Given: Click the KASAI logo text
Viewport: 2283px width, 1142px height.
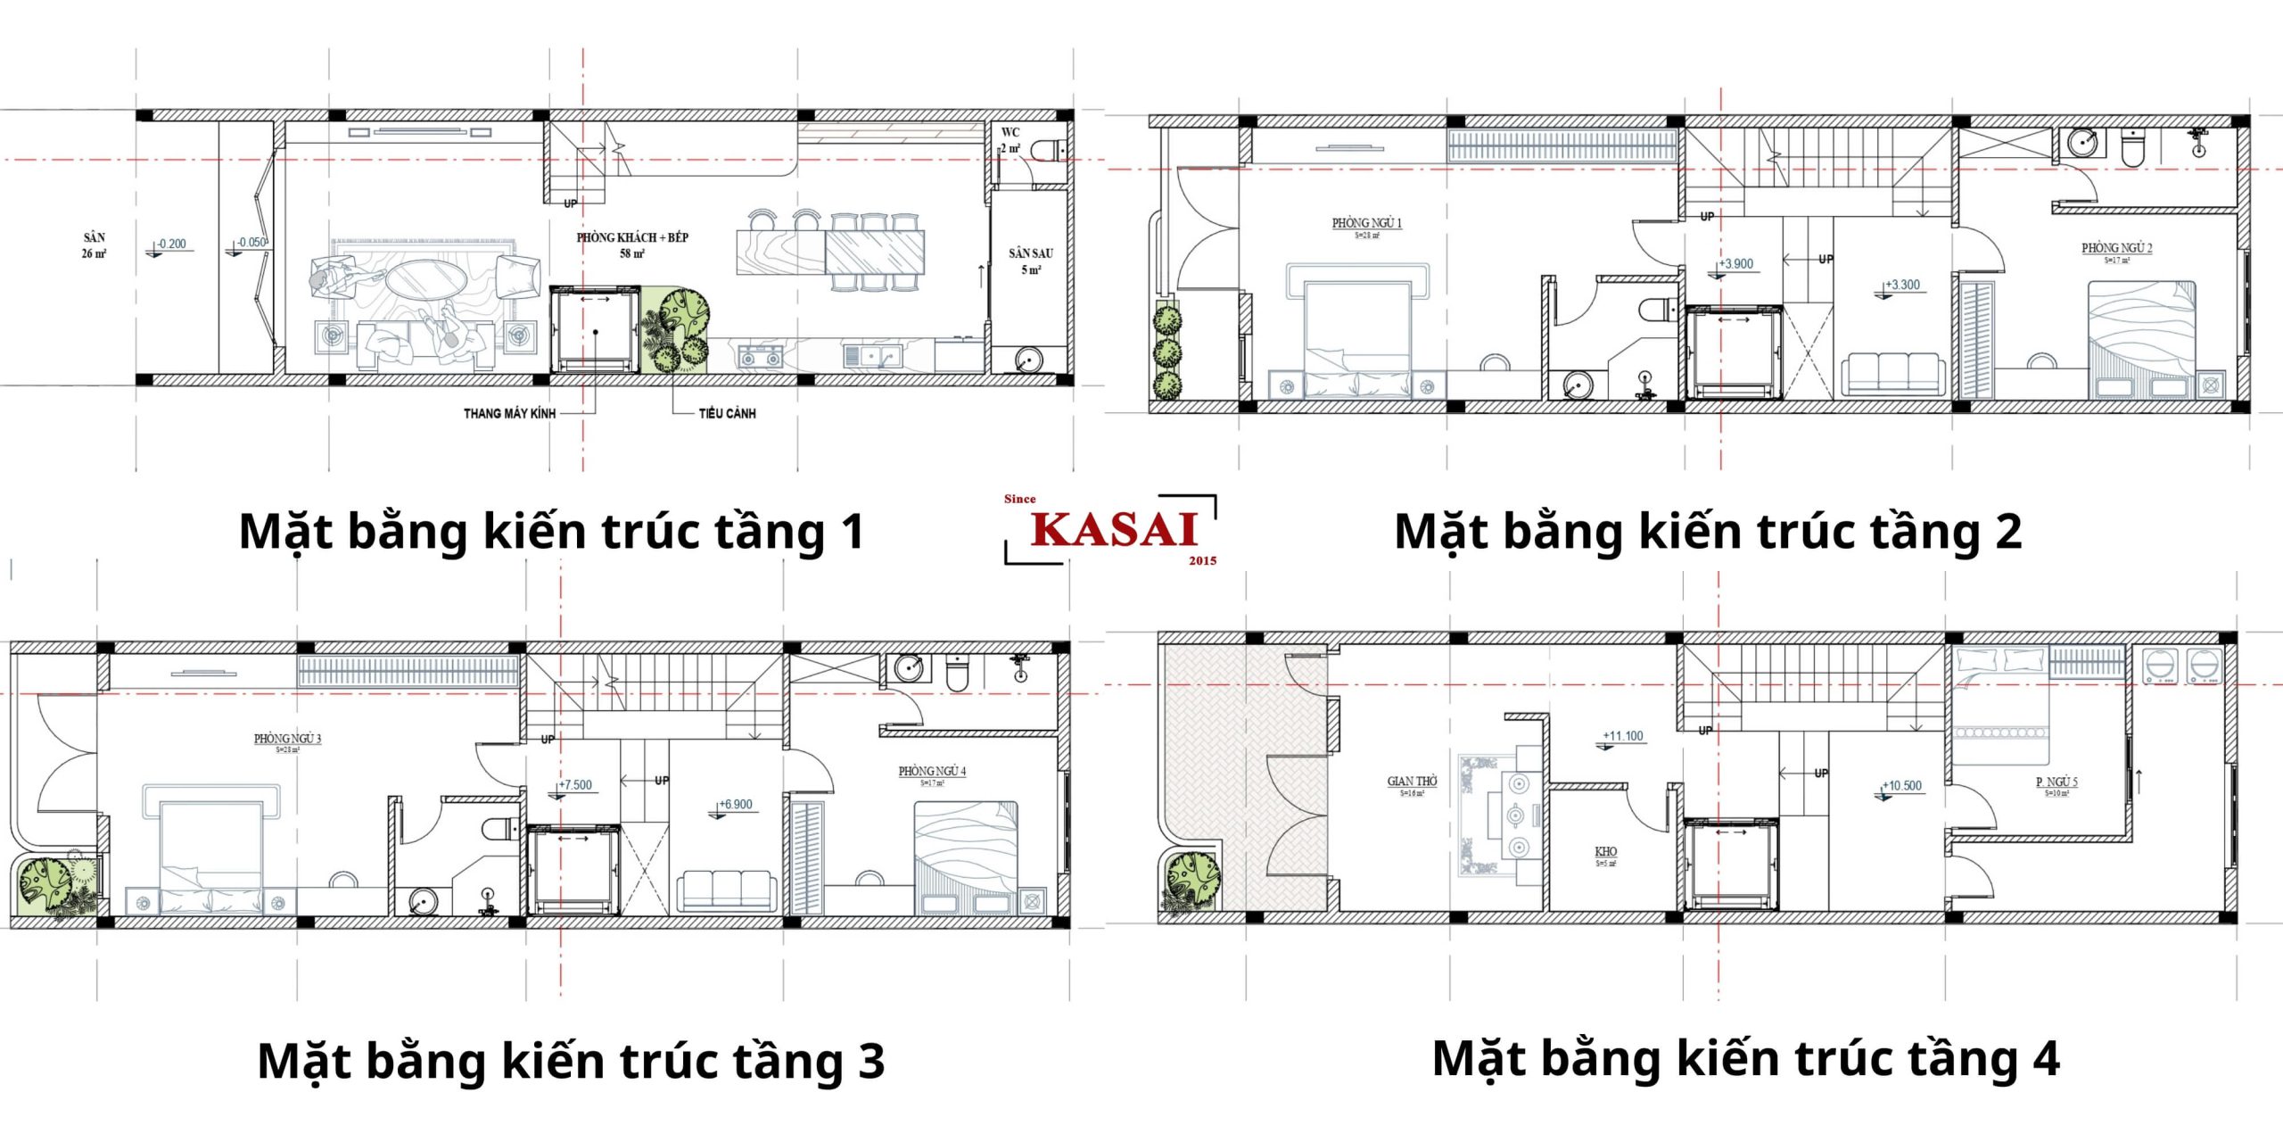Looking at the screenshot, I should (1113, 529).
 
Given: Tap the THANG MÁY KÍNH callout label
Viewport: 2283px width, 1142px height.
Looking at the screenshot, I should (509, 413).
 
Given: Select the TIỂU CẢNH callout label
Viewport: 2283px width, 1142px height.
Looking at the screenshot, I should (727, 413).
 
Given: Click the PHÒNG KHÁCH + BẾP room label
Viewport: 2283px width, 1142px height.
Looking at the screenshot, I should (631, 237).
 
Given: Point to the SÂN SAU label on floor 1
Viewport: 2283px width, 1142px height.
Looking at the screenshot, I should (1030, 253).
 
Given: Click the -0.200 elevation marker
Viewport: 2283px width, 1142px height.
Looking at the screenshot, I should (171, 244).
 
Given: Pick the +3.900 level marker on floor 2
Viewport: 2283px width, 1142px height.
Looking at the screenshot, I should (1735, 264).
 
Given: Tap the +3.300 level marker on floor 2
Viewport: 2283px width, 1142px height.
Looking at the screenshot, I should (1903, 285).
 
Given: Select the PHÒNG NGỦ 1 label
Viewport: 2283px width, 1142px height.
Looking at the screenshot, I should (1366, 223).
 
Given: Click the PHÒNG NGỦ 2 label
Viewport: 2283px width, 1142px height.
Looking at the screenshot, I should (2116, 248).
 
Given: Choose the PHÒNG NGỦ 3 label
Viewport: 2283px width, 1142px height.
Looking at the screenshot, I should (287, 739).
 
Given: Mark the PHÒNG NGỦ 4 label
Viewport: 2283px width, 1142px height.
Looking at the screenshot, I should (932, 771).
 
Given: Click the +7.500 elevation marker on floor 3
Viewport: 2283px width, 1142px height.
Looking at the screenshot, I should (575, 785).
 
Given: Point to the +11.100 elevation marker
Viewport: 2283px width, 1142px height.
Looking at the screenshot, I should (1622, 736).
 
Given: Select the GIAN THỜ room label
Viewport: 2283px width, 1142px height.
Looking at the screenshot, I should (1412, 782).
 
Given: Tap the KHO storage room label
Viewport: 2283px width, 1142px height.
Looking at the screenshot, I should (1605, 852).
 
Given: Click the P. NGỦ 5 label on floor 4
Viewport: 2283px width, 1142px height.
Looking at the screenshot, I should (2056, 782).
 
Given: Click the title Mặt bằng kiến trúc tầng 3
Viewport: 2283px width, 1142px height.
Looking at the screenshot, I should (571, 1060).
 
